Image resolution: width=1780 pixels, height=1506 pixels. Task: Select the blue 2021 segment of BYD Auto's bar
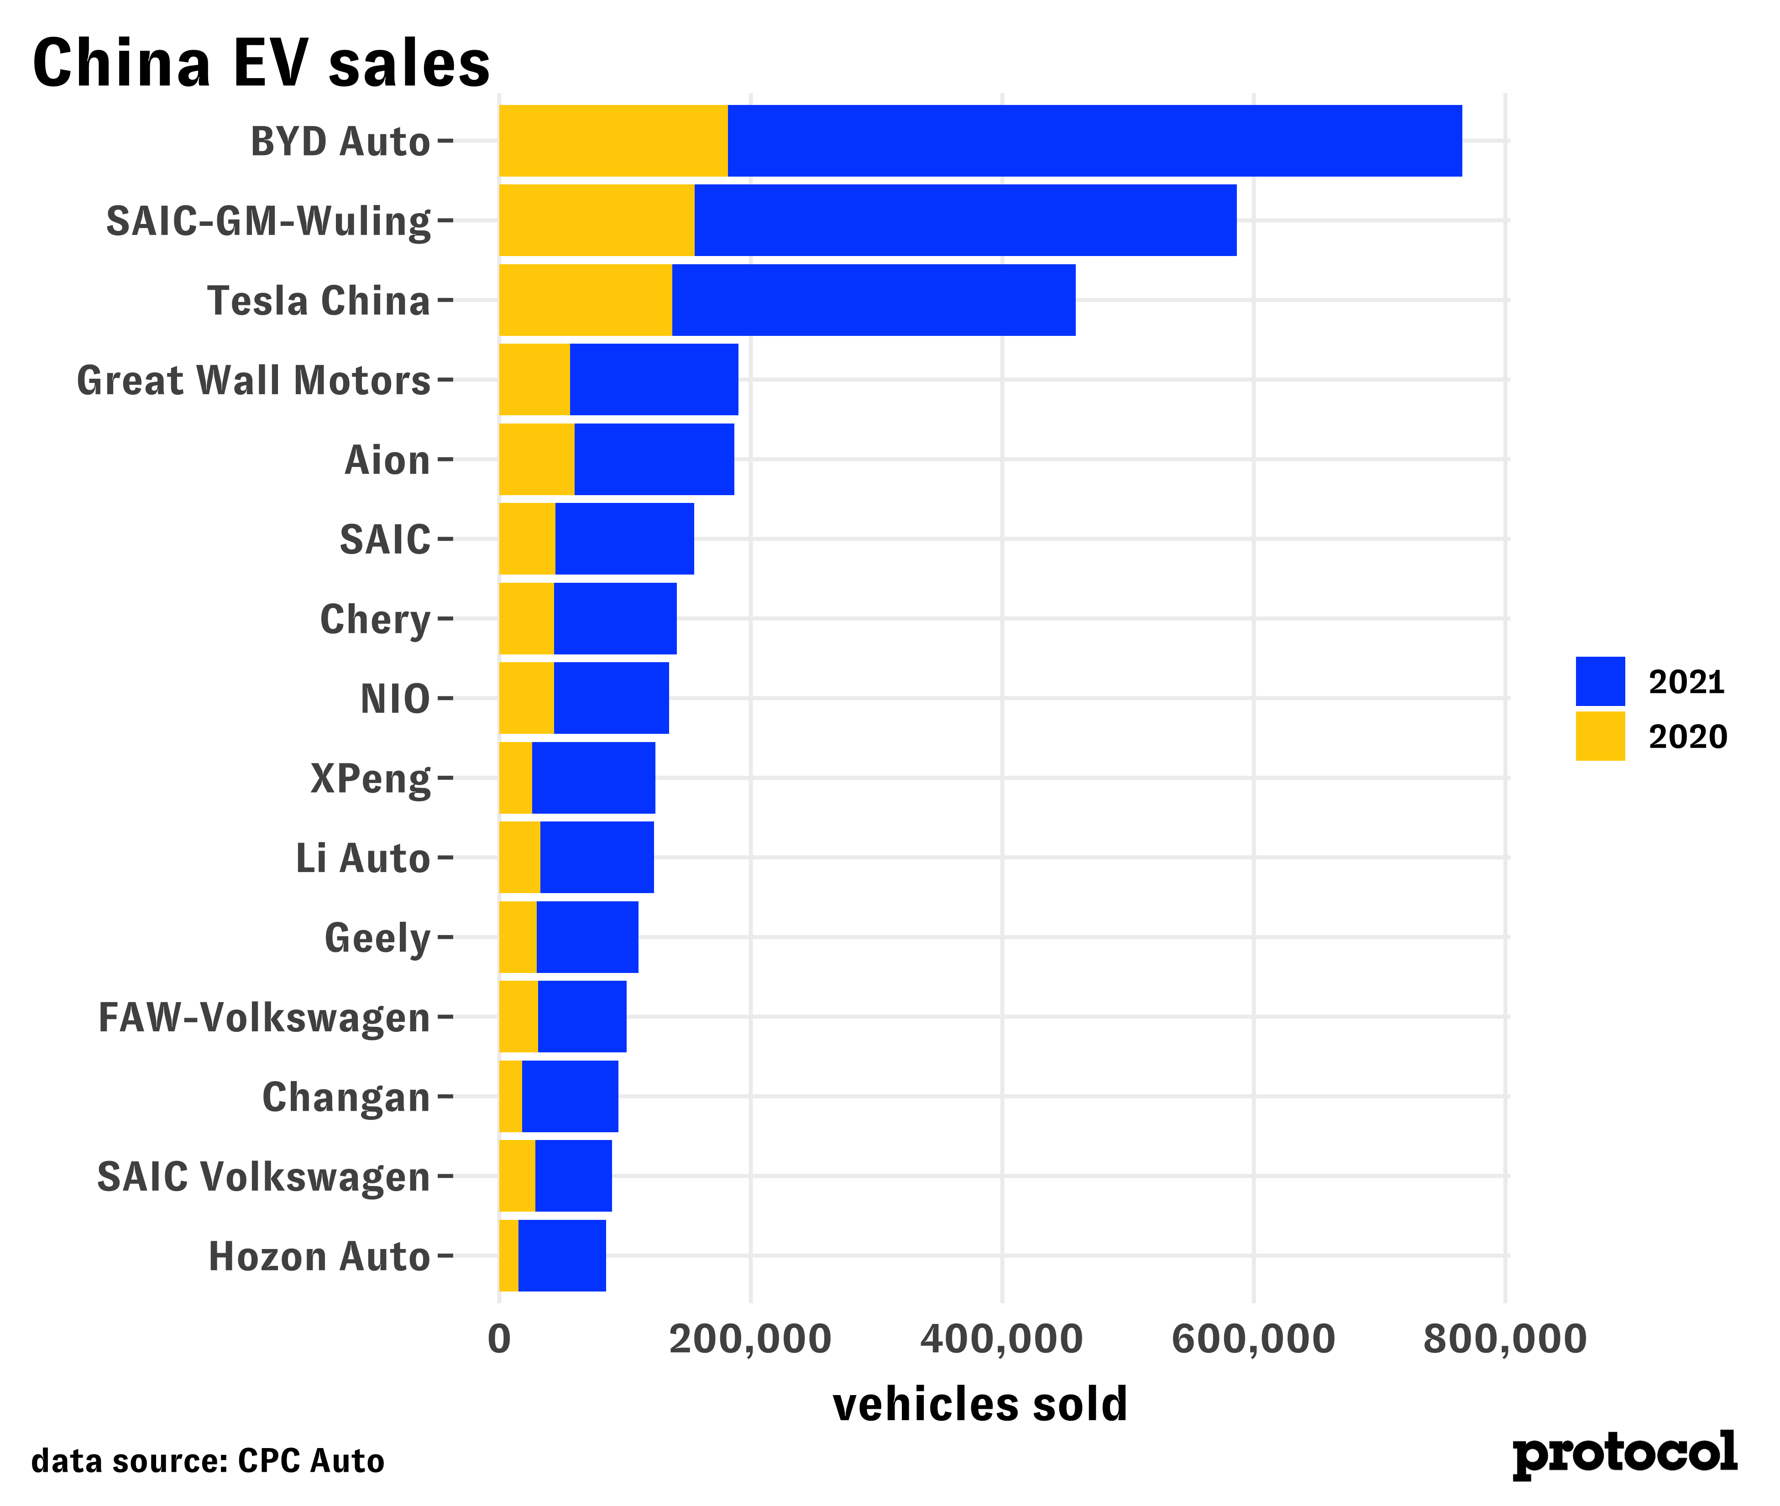[1094, 141]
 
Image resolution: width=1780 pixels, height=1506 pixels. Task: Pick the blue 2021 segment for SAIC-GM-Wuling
[965, 220]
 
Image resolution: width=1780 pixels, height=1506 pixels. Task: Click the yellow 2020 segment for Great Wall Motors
[534, 380]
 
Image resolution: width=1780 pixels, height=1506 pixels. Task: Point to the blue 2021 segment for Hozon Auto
[562, 1256]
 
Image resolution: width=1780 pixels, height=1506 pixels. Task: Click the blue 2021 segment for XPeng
[593, 778]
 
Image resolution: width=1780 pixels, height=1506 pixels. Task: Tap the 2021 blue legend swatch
[1600, 681]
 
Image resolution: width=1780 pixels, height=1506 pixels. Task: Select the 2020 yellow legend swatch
[1600, 736]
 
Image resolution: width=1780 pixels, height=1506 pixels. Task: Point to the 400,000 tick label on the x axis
[1001, 1339]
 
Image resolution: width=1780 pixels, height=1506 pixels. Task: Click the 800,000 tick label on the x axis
[1504, 1339]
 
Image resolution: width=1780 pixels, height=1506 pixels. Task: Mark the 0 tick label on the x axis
[499, 1339]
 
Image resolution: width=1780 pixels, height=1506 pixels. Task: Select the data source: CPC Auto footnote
[208, 1461]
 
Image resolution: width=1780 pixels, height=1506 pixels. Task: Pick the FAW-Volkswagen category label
[264, 1018]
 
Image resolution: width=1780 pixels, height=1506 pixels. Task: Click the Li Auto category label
[363, 858]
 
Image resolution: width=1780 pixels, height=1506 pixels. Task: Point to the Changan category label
[346, 1097]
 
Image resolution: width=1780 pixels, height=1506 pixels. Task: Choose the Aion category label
[387, 460]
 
